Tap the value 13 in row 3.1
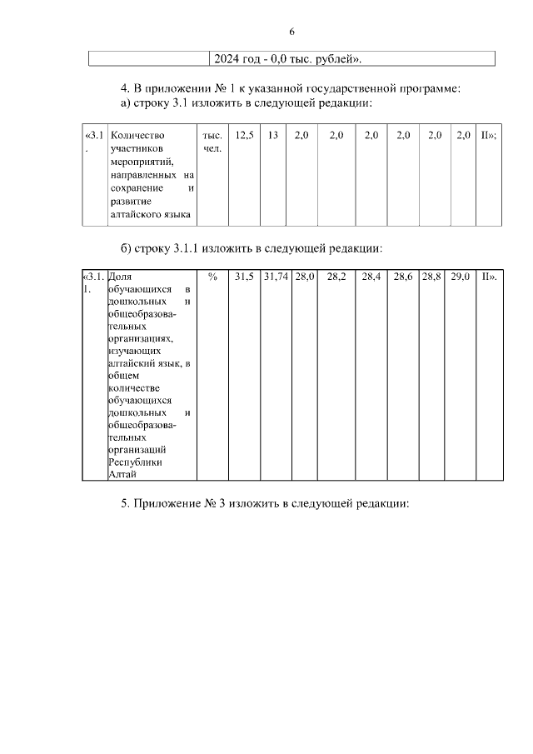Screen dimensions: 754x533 point(272,134)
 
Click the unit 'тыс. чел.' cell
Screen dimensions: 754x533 point(212,142)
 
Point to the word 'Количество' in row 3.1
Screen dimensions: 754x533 point(137,135)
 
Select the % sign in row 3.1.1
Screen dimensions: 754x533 point(212,277)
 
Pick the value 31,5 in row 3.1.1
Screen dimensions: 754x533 point(245,277)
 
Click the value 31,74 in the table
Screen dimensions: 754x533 point(276,277)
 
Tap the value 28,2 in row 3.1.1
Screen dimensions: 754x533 point(336,277)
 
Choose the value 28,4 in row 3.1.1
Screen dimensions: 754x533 point(371,277)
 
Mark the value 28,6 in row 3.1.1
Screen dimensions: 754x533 point(403,277)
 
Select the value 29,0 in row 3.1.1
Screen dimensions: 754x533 point(461,277)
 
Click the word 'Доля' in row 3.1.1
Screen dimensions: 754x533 point(120,277)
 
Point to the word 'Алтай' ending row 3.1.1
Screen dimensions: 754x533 point(122,475)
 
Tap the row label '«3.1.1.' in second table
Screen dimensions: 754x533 point(93,282)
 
